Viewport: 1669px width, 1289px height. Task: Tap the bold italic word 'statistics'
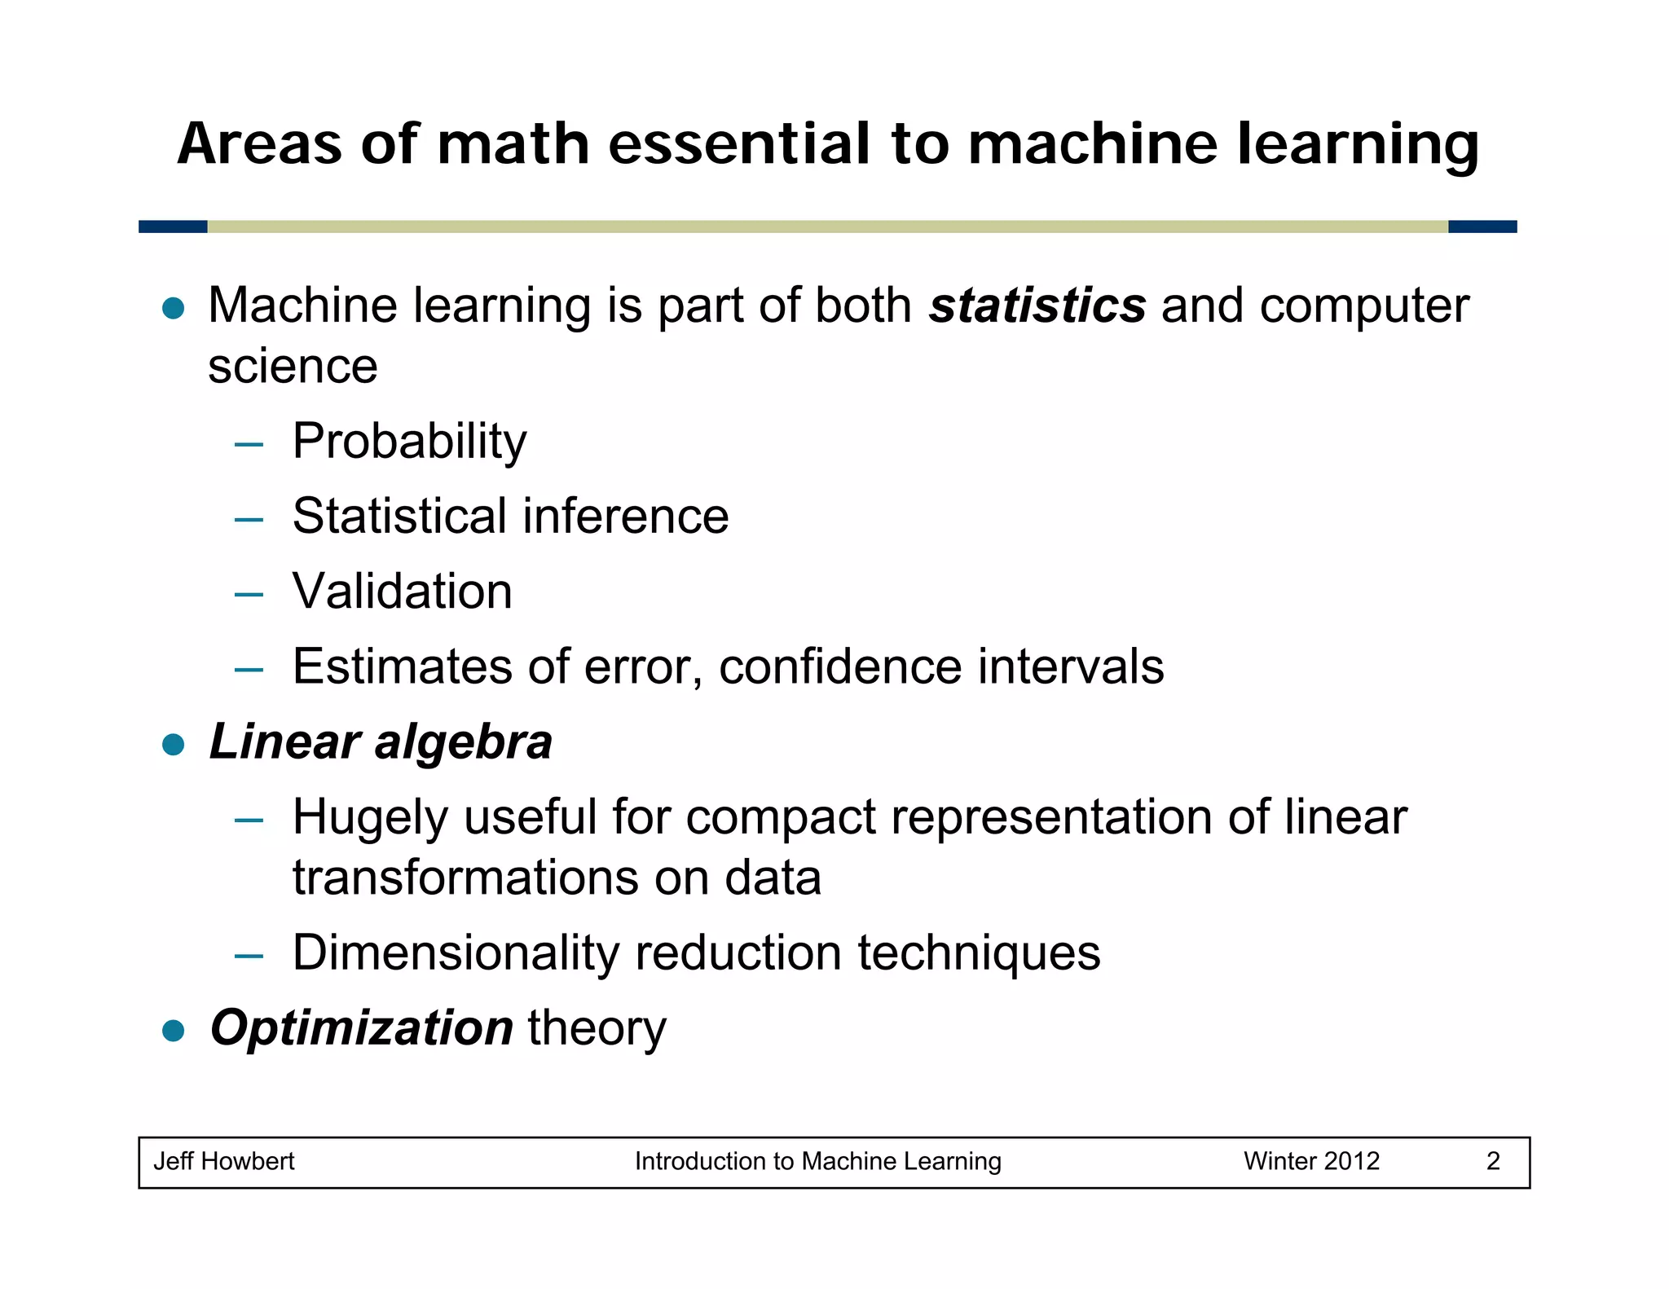(1037, 306)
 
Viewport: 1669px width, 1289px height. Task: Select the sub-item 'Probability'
(409, 442)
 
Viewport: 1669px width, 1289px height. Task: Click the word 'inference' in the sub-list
(625, 517)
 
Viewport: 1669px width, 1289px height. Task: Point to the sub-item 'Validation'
(403, 592)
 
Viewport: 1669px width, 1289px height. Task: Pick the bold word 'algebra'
(463, 742)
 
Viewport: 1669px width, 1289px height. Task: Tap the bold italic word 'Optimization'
(362, 1027)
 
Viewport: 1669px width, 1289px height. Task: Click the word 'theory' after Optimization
(597, 1029)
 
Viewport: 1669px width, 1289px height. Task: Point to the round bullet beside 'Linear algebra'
(174, 744)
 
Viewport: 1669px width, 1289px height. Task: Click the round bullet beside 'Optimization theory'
(174, 1031)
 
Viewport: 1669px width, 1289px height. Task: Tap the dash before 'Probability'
(249, 445)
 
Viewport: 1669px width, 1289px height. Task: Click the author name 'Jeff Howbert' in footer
(224, 1161)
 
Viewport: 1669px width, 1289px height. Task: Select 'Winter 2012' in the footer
(1311, 1161)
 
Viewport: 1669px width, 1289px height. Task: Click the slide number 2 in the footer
(1493, 1161)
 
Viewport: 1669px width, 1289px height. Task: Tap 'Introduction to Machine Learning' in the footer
(817, 1161)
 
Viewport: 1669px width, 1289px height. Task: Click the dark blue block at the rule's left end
(173, 227)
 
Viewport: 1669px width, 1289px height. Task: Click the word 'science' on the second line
(293, 367)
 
